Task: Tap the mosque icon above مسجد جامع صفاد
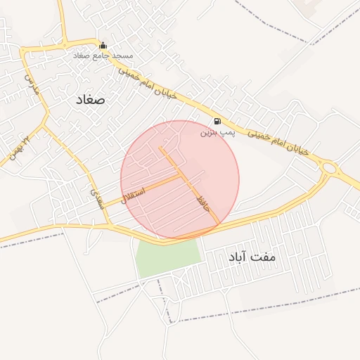coord(103,46)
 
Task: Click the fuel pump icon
coord(216,120)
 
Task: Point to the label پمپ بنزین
coord(216,131)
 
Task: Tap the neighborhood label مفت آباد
coord(252,257)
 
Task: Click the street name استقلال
coord(133,192)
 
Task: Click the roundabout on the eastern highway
coord(329,169)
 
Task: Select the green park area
coord(167,257)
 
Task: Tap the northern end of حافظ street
coord(161,148)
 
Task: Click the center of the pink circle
coord(179,180)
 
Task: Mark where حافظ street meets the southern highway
coord(218,224)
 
